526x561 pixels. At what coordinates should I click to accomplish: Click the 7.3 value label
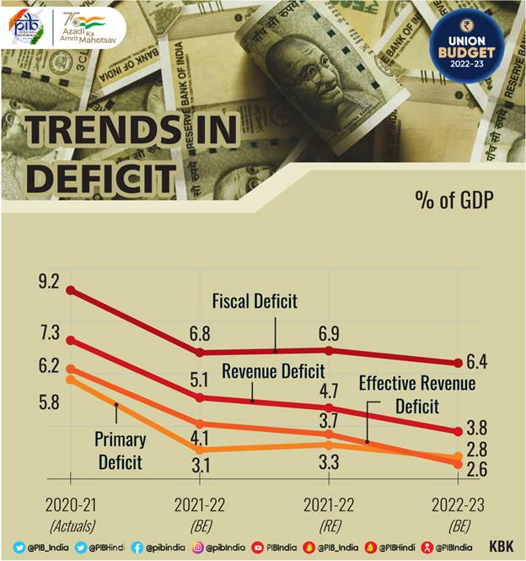50,332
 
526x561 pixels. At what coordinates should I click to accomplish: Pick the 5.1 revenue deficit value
200,377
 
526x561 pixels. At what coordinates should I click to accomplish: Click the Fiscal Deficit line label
255,301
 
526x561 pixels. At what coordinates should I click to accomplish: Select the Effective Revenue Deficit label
417,395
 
